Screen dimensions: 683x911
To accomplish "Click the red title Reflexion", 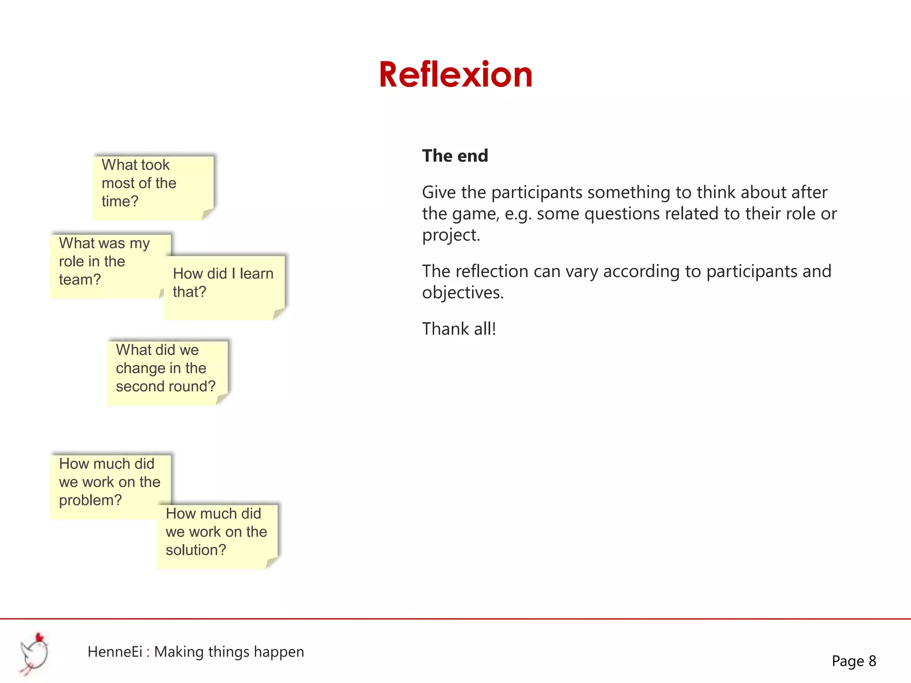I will click(x=455, y=75).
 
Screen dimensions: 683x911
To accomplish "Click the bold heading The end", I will click(x=455, y=156).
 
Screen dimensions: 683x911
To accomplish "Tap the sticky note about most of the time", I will click(x=153, y=187).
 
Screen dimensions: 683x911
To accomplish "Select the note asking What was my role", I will click(x=107, y=265).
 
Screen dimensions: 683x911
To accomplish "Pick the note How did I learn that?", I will click(x=224, y=287).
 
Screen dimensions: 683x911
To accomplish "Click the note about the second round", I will click(x=167, y=372).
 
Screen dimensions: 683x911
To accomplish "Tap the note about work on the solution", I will click(x=217, y=535).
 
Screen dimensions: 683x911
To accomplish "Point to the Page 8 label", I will click(x=854, y=661).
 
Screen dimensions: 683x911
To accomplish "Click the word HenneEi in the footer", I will click(x=115, y=652).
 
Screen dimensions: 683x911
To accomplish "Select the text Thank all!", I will click(x=459, y=329).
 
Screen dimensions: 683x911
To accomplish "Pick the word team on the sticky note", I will click(x=80, y=280).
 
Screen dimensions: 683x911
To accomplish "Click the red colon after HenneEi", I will click(x=148, y=652).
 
